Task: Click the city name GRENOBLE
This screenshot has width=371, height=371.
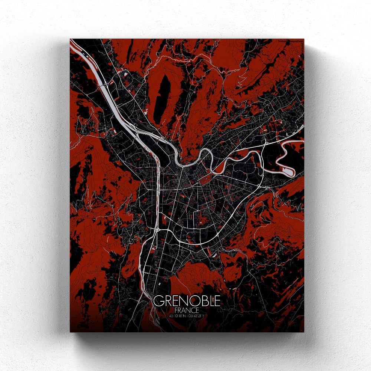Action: coord(187,301)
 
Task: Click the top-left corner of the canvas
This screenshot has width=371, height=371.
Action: coord(70,39)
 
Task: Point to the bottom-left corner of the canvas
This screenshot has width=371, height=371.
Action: coord(70,331)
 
